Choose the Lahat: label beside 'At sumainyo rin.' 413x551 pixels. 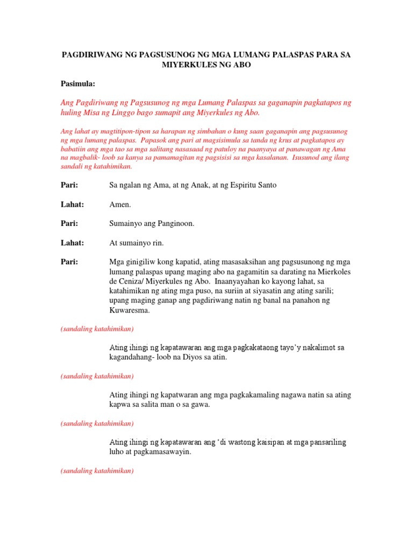click(x=72, y=243)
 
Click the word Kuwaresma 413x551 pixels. click(x=129, y=310)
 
